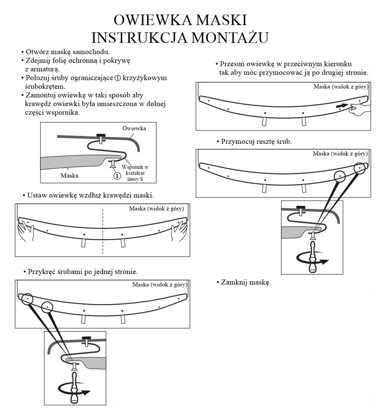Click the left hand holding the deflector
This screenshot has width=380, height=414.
coord(26,232)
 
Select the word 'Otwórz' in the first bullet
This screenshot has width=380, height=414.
coord(38,52)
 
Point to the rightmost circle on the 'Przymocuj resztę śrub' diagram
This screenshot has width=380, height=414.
coord(360,168)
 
